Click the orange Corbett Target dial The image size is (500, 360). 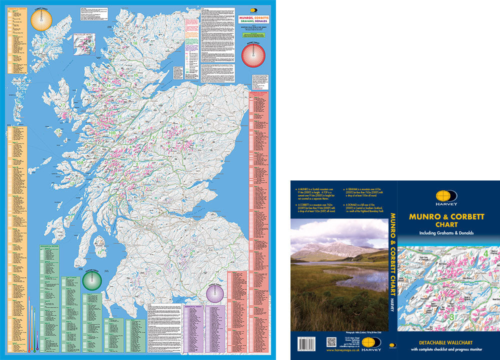pos(41,20)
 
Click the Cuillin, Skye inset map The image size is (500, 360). pos(84,43)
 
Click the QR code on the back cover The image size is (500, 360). pos(331,342)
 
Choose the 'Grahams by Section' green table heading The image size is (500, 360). pos(49,248)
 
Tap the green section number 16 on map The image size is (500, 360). pos(135,43)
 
